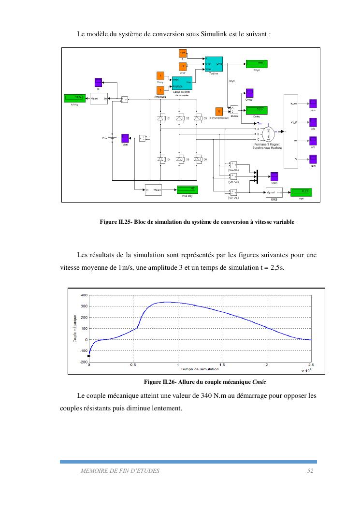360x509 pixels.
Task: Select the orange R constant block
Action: [183, 53]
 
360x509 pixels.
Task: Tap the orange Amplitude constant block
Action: [160, 90]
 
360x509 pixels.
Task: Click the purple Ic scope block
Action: [98, 82]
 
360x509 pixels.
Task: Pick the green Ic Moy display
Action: [74, 98]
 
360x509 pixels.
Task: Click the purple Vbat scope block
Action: [125, 138]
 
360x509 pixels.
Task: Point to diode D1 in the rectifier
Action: [161, 118]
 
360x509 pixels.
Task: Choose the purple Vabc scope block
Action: [274, 176]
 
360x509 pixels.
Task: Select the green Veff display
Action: [301, 192]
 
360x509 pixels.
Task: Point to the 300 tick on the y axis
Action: [84, 306]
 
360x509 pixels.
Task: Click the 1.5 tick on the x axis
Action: [222, 365]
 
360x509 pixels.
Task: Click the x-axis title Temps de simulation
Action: [200, 369]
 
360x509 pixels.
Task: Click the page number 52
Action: [311, 470]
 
